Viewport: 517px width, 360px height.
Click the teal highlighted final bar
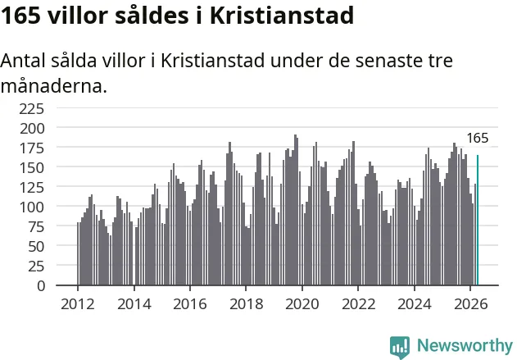[x=478, y=220]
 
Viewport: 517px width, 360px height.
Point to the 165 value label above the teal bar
[x=478, y=138]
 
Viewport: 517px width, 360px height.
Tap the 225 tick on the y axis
[x=31, y=108]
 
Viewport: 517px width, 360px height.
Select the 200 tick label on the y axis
[x=32, y=129]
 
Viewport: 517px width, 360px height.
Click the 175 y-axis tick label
[x=32, y=148]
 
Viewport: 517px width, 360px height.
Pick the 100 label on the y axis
[x=32, y=207]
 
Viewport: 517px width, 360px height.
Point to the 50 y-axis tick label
[x=36, y=247]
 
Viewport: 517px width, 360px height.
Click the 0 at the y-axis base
[x=40, y=285]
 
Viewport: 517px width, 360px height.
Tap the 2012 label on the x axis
[x=78, y=304]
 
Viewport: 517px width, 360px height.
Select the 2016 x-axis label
[x=190, y=304]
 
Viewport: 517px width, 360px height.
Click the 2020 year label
[x=302, y=304]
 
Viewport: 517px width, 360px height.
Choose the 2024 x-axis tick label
[x=414, y=304]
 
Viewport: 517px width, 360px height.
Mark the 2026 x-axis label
[x=470, y=304]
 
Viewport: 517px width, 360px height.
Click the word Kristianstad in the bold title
[x=282, y=16]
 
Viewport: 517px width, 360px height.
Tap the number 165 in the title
[x=20, y=16]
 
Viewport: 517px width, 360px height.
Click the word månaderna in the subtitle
[x=54, y=86]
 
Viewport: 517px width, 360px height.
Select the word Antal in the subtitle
[x=23, y=61]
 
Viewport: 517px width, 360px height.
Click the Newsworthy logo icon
[x=400, y=347]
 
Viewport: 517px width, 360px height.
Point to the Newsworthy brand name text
[x=465, y=345]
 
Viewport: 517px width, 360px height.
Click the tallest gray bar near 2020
[x=295, y=210]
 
